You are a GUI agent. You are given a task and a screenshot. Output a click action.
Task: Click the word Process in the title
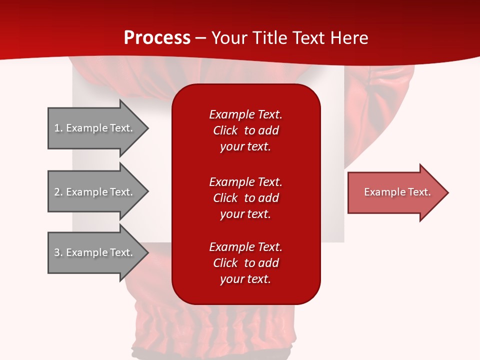pos(157,38)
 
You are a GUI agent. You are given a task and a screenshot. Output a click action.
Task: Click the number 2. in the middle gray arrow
pos(58,192)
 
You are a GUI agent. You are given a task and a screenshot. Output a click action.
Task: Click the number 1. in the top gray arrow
pos(58,128)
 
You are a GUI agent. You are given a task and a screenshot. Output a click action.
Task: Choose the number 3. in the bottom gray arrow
pos(58,252)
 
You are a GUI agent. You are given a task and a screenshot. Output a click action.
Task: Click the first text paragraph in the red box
pos(246,130)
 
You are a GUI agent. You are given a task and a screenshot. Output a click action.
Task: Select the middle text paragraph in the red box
pos(246,197)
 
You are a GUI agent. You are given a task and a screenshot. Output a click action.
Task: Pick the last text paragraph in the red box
pos(246,263)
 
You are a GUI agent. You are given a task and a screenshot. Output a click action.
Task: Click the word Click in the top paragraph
pos(225,131)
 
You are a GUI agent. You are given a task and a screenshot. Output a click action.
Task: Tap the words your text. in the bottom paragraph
pos(245,279)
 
